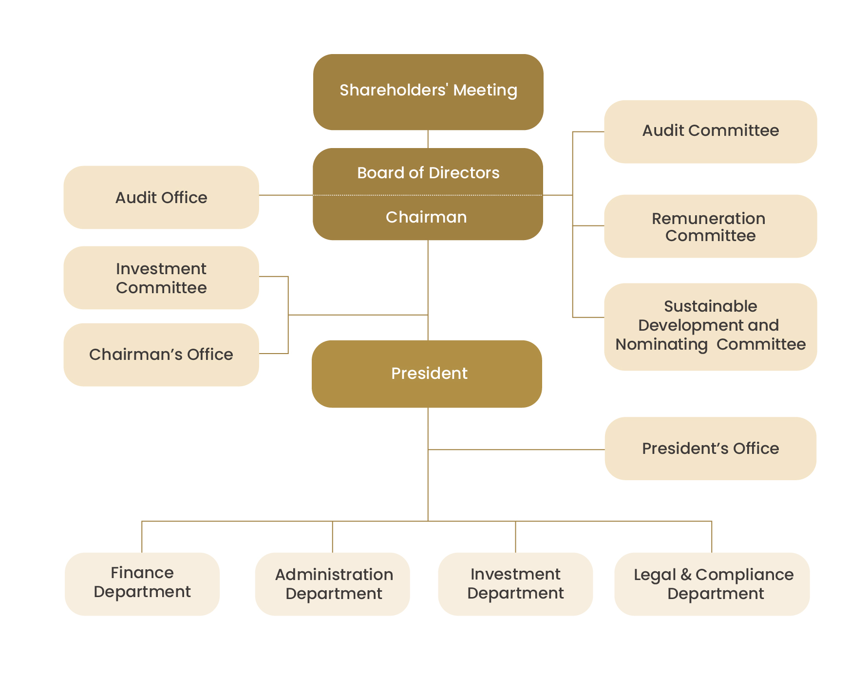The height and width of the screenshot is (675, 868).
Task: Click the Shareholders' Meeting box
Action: point(428,92)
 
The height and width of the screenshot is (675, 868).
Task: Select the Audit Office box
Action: point(161,197)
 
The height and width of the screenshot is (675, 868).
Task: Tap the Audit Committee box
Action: point(710,131)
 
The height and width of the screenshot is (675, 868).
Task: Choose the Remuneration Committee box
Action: point(710,226)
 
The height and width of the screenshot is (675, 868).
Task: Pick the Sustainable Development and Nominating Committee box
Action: point(710,326)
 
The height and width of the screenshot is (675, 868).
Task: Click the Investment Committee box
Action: point(161,278)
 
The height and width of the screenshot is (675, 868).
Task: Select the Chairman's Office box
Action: point(161,355)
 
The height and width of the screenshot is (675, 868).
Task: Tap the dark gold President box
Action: point(427,374)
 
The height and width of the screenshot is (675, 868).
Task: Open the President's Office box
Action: point(710,449)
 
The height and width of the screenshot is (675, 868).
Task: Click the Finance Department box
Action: point(142,583)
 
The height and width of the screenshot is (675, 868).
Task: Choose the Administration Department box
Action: point(333,583)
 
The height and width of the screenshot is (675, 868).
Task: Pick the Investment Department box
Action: point(515,583)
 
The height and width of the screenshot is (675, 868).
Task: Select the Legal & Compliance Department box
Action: point(712,583)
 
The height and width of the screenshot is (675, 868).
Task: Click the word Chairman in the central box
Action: point(426,217)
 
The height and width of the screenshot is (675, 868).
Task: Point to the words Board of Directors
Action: point(428,173)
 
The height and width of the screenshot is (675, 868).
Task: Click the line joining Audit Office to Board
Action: point(285,195)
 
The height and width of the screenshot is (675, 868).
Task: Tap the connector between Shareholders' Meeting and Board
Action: point(428,139)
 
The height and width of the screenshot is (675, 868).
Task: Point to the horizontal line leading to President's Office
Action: point(516,450)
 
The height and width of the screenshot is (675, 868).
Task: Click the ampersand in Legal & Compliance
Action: point(686,575)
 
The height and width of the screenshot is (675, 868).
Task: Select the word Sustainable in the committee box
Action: point(710,306)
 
